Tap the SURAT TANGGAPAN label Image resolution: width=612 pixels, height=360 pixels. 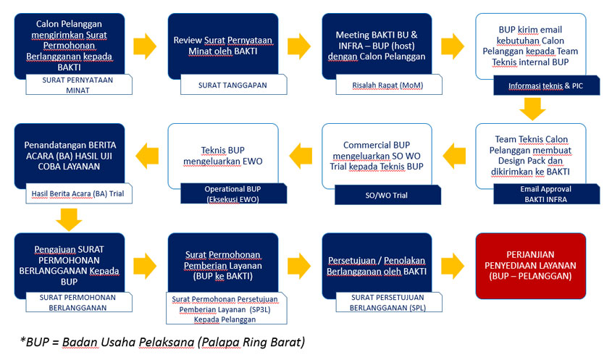[232, 85]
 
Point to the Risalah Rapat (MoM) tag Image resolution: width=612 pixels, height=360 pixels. [387, 85]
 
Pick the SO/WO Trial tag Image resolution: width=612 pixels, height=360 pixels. [387, 195]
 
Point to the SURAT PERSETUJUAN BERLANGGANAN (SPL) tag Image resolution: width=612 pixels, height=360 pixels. [387, 302]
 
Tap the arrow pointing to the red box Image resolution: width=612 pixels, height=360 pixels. [453, 265]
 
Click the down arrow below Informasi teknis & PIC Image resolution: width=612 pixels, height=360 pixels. [533, 109]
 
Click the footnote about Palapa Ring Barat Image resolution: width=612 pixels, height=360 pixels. [159, 341]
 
